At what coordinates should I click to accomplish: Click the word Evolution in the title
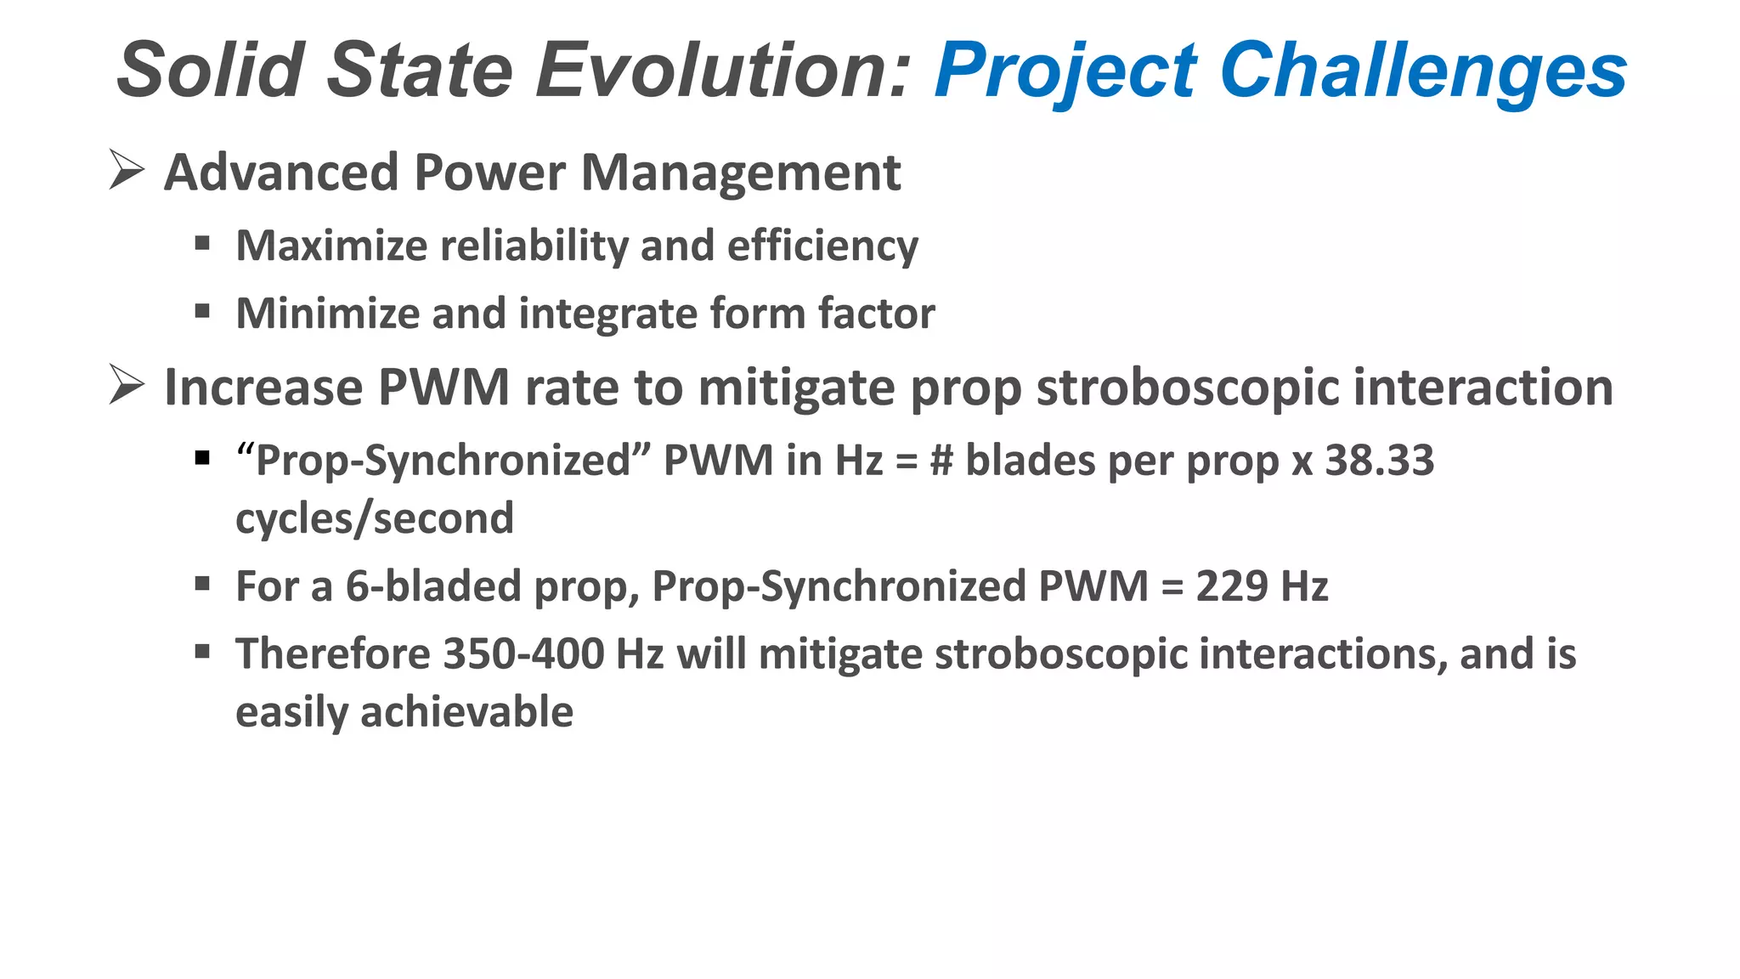[x=723, y=70]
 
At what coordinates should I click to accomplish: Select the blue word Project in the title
[x=1066, y=70]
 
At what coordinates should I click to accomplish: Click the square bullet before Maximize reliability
[x=202, y=245]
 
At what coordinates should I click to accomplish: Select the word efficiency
[x=822, y=246]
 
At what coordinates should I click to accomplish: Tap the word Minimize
[x=327, y=313]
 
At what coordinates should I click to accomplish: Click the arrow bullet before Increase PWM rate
[x=127, y=384]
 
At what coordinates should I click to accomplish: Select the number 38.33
[x=1379, y=460]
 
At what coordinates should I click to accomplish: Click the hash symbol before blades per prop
[x=941, y=461]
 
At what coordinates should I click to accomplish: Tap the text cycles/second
[x=375, y=518]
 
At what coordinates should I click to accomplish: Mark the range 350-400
[x=523, y=654]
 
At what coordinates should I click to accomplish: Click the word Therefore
[x=333, y=654]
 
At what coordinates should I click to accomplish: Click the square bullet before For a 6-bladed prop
[x=202, y=584]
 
